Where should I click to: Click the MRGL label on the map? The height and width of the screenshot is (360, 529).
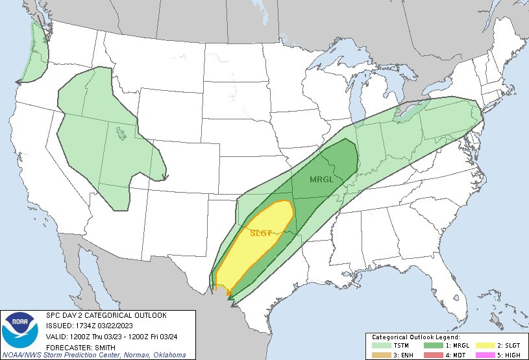[322, 180]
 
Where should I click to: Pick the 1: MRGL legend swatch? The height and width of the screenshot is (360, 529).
[432, 346]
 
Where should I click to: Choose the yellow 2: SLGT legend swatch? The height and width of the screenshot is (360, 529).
[482, 346]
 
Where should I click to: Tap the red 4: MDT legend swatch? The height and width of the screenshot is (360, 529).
[432, 354]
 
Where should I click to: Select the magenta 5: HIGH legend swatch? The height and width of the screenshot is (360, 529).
[482, 354]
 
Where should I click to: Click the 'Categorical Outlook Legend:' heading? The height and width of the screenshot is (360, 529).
[415, 338]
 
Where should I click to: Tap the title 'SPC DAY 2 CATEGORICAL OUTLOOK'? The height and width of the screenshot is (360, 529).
[106, 315]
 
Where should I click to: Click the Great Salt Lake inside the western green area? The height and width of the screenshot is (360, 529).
[121, 134]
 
